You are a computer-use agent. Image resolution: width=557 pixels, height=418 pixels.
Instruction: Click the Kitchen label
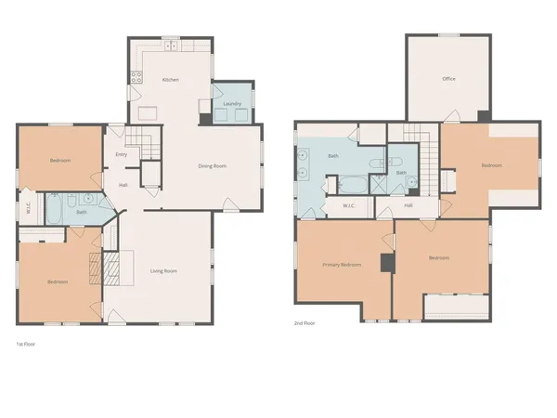pos(170,80)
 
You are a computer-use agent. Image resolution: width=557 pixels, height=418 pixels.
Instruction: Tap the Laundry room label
pos(232,104)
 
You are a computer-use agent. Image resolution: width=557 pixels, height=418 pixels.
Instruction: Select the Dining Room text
pos(213,166)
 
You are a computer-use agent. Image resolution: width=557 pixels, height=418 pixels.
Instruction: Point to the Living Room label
pos(164,271)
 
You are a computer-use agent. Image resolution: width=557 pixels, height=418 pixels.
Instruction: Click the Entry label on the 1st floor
pos(121,154)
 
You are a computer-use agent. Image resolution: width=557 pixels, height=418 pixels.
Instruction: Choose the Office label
pos(448,79)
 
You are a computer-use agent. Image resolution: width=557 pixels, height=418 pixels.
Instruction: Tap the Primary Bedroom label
pos(342,265)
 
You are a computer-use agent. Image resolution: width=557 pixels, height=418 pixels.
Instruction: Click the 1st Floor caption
pos(26,343)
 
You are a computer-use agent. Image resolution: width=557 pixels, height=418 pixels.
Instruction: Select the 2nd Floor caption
pos(305,324)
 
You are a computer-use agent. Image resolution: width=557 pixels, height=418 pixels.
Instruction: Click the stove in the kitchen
pos(135,78)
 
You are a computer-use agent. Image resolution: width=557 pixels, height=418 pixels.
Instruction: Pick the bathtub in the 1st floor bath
pos(54,209)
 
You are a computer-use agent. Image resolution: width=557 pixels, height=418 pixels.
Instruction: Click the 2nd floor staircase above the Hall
pos(419,143)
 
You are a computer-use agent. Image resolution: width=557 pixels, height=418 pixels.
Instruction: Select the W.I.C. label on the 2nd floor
pos(349,205)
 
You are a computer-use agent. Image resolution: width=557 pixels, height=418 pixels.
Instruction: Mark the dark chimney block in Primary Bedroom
pos(386,264)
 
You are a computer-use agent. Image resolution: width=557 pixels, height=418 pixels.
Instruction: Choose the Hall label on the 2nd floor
pos(408,205)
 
